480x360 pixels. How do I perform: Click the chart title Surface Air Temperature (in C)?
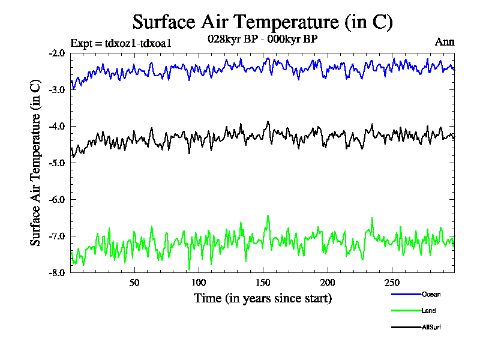262,22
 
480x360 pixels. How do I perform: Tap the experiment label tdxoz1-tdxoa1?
121,43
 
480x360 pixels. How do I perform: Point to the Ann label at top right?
445,42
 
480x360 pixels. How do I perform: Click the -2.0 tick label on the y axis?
57,53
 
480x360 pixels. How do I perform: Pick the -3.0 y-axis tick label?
57,89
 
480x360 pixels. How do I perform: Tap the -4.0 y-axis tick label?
57,126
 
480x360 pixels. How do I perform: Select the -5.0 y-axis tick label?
57,163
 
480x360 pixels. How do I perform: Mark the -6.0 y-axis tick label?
57,199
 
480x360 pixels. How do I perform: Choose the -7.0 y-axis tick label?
57,236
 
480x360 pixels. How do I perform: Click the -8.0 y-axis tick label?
57,272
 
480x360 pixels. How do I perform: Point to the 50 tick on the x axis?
134,283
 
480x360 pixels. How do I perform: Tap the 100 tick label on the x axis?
199,283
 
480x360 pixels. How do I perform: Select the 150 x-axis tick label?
263,283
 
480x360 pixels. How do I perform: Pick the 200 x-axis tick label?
328,283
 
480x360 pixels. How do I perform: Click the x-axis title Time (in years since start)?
262,298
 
